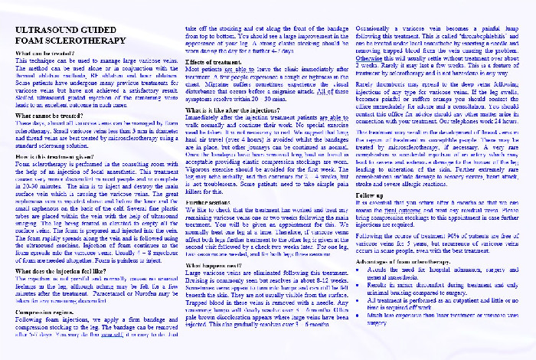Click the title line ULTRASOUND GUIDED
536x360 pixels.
point(64,29)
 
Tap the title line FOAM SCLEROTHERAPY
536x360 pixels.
point(65,41)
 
